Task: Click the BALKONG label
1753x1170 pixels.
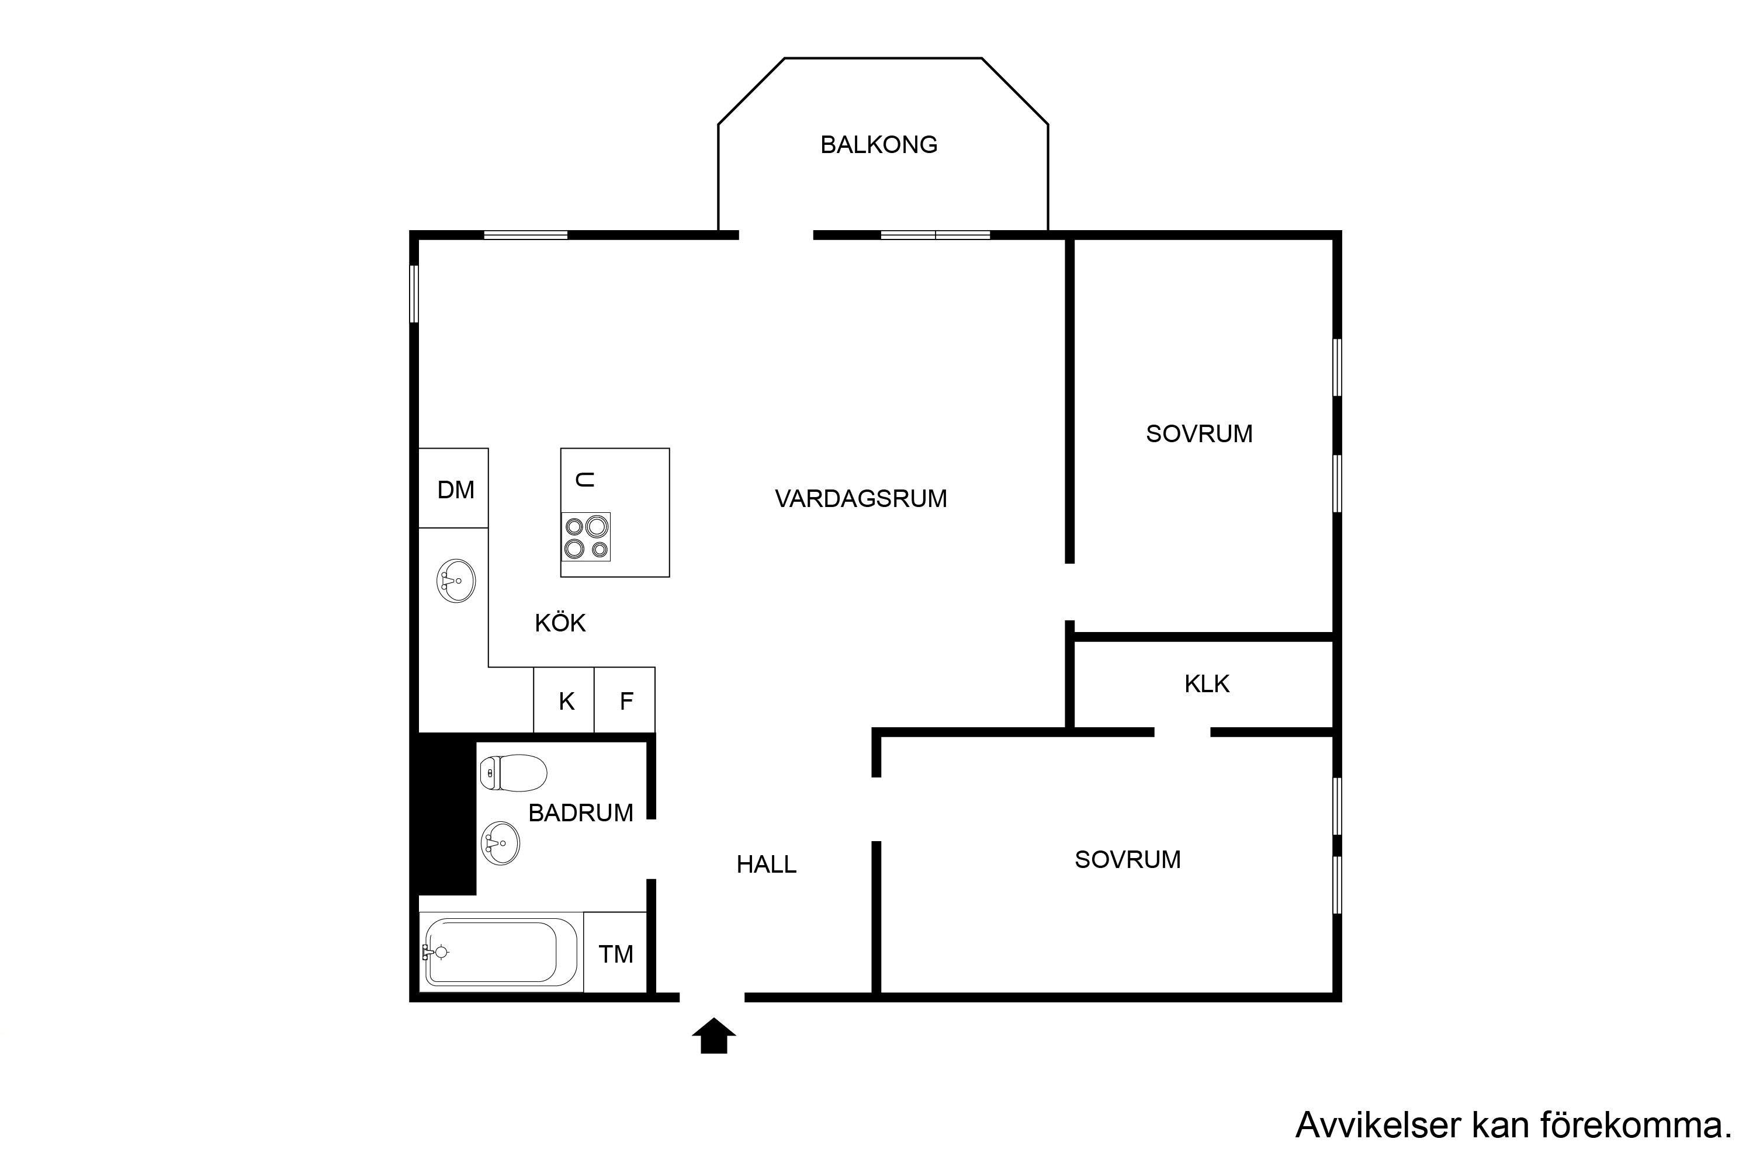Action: (x=878, y=145)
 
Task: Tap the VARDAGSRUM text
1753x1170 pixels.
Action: (x=861, y=498)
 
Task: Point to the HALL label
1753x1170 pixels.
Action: (x=767, y=864)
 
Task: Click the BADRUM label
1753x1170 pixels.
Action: (x=581, y=813)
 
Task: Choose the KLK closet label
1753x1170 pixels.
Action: (x=1207, y=683)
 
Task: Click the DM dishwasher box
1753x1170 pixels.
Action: (x=453, y=488)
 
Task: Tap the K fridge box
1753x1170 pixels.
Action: (x=564, y=700)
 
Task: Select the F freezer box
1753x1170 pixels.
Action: (x=625, y=700)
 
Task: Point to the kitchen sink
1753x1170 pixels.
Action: (x=456, y=581)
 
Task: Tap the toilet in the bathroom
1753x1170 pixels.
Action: (x=514, y=773)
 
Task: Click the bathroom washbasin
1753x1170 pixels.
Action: (x=500, y=843)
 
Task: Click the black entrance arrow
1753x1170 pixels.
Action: (x=714, y=1036)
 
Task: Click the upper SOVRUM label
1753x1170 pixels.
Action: (x=1199, y=433)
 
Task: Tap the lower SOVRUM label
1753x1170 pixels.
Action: (x=1128, y=860)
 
